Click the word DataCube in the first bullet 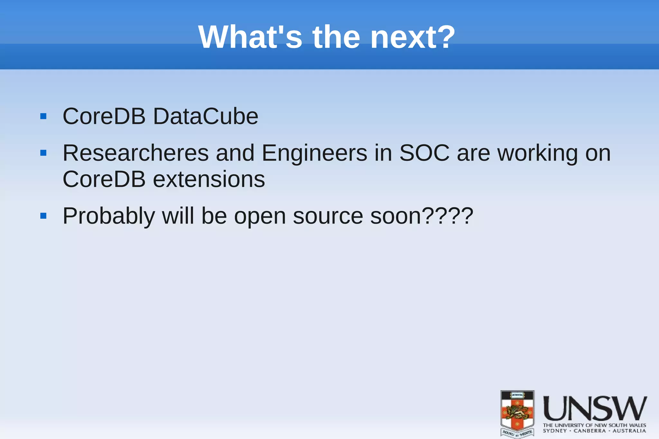205,116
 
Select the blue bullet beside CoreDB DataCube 43,116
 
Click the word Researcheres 135,153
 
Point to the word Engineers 314,153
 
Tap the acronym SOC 424,153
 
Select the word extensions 209,179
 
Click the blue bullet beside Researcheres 43,153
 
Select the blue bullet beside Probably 43,216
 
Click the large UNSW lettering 595,408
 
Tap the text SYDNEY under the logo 555,431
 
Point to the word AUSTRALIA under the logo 629,431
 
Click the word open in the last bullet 260,216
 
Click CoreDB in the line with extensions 104,179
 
